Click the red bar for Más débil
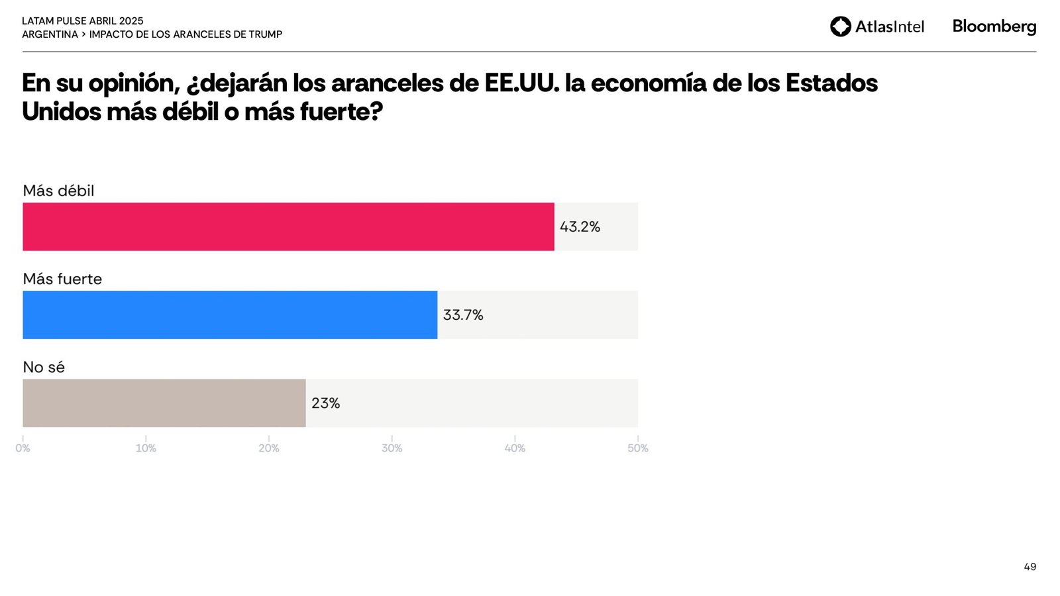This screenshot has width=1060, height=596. pyautogui.click(x=288, y=226)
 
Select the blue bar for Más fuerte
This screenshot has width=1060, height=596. pyautogui.click(x=230, y=315)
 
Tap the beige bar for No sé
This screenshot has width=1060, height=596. pyautogui.click(x=164, y=403)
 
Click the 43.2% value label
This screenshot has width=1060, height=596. pyautogui.click(x=580, y=226)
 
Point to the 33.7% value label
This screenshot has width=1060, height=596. pyautogui.click(x=463, y=315)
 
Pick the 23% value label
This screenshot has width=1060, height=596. pyautogui.click(x=325, y=403)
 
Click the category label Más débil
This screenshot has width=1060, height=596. pyautogui.click(x=58, y=191)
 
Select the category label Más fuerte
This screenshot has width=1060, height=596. pyautogui.click(x=62, y=279)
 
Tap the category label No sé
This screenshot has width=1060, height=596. pyautogui.click(x=44, y=367)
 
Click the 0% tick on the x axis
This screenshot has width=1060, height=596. pyautogui.click(x=23, y=448)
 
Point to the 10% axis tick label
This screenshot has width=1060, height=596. pyautogui.click(x=146, y=448)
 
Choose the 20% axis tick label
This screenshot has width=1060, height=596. pyautogui.click(x=269, y=448)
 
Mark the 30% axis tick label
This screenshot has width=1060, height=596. pyautogui.click(x=392, y=448)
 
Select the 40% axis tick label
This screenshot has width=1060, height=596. pyautogui.click(x=515, y=448)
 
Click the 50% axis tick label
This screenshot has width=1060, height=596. pyautogui.click(x=638, y=448)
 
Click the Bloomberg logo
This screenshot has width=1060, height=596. pyautogui.click(x=994, y=26)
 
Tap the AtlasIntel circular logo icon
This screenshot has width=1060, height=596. pyautogui.click(x=841, y=26)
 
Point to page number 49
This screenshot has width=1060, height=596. pyautogui.click(x=1030, y=567)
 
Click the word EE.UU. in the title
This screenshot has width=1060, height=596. pyautogui.click(x=521, y=83)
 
